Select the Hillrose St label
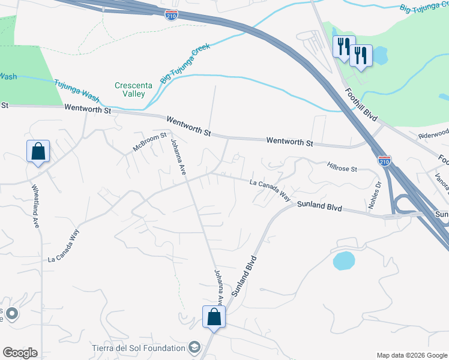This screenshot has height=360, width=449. click(x=342, y=168)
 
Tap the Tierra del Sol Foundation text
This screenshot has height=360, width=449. click(x=138, y=348)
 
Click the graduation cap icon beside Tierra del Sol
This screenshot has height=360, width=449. click(x=194, y=347)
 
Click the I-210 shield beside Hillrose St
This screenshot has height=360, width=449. click(x=385, y=160)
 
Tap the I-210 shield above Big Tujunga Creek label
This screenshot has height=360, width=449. click(x=172, y=15)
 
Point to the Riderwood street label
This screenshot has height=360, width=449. click(x=433, y=133)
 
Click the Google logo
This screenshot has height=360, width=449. click(x=20, y=353)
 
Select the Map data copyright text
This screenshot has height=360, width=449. click(x=412, y=355)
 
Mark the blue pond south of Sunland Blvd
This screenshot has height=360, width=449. click(x=343, y=260)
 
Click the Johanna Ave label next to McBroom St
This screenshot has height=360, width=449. click(x=178, y=159)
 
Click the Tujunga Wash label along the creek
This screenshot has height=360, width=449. click(x=76, y=91)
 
